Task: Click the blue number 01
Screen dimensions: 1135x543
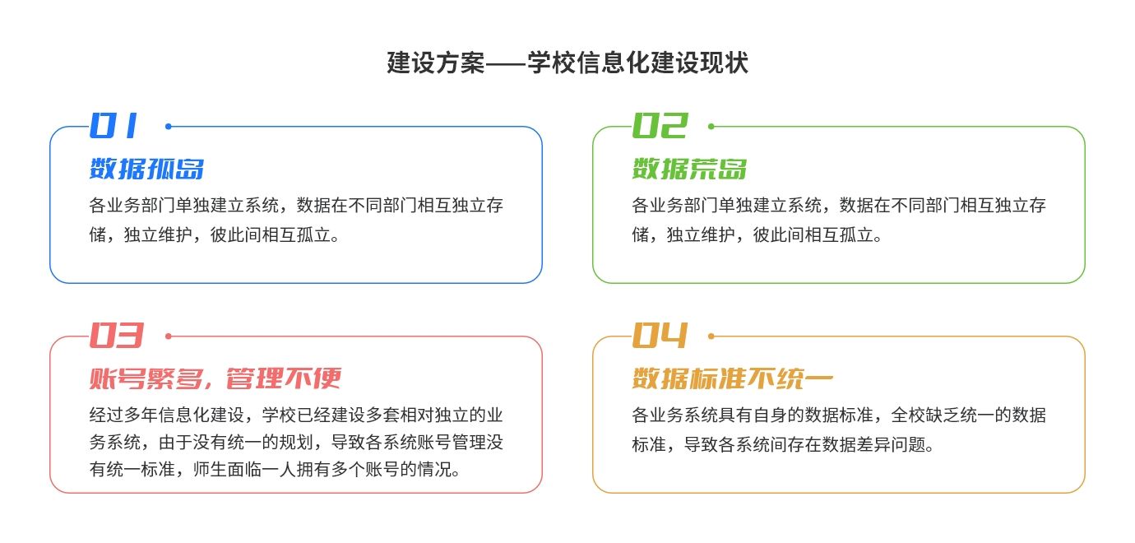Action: point(113,125)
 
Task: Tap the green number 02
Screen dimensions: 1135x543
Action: point(660,125)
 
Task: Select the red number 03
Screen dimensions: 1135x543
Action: point(117,335)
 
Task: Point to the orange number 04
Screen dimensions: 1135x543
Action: point(660,335)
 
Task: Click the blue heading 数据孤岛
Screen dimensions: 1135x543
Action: point(147,169)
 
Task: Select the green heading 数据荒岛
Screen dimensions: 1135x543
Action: point(689,169)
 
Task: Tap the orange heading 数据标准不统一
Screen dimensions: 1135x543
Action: point(733,378)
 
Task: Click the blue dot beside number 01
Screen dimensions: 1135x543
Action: point(169,126)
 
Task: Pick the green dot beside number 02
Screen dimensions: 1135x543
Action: point(711,126)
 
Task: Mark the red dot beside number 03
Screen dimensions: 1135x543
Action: point(169,336)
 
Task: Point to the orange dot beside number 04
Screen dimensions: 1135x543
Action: point(711,336)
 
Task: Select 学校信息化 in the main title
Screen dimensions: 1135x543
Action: point(588,63)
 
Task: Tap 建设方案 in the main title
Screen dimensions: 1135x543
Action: point(436,63)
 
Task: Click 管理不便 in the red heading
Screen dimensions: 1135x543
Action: point(284,378)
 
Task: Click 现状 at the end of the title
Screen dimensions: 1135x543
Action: point(724,63)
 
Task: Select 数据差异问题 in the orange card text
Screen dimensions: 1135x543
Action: point(873,444)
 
